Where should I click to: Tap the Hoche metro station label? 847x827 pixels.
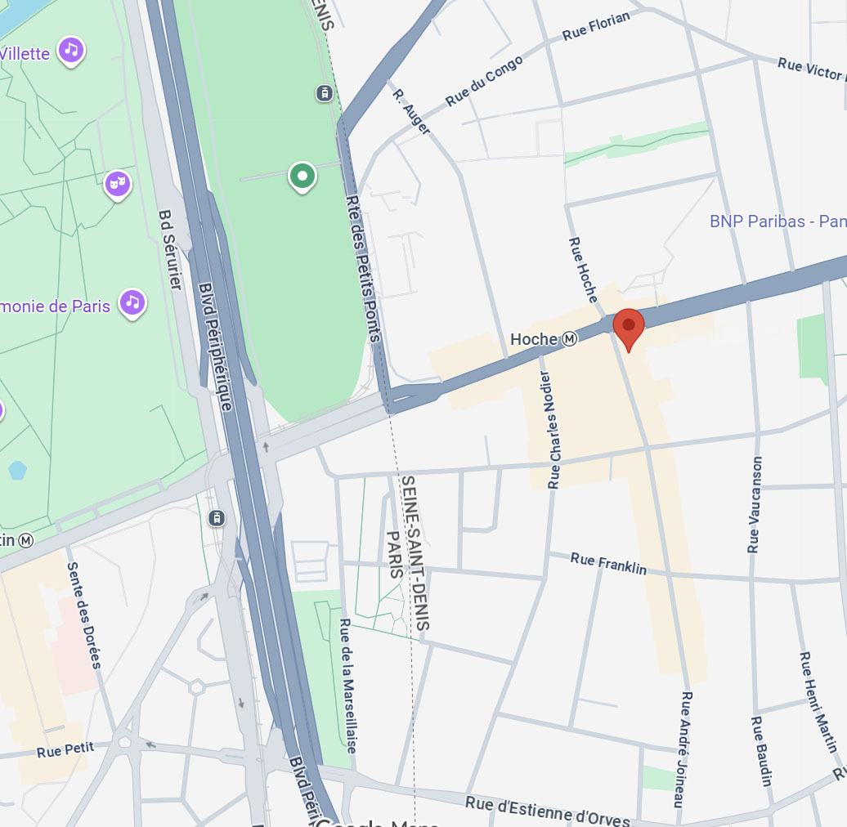pyautogui.click(x=544, y=338)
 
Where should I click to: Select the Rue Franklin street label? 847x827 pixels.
pyautogui.click(x=608, y=563)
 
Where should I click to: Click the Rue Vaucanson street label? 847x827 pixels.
pyautogui.click(x=755, y=504)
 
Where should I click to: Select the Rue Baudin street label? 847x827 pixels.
pyautogui.click(x=760, y=751)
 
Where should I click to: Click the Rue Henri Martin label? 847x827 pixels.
pyautogui.click(x=818, y=702)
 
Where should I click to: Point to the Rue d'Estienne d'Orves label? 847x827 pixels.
pyautogui.click(x=548, y=811)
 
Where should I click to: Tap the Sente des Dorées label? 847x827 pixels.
pyautogui.click(x=84, y=615)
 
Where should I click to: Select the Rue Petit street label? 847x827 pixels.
pyautogui.click(x=65, y=749)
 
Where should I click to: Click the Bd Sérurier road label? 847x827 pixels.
pyautogui.click(x=170, y=249)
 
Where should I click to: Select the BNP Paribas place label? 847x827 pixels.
pyautogui.click(x=777, y=221)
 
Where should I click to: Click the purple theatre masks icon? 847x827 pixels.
pyautogui.click(x=118, y=185)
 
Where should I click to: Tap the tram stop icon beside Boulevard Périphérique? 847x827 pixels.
pyautogui.click(x=217, y=518)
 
